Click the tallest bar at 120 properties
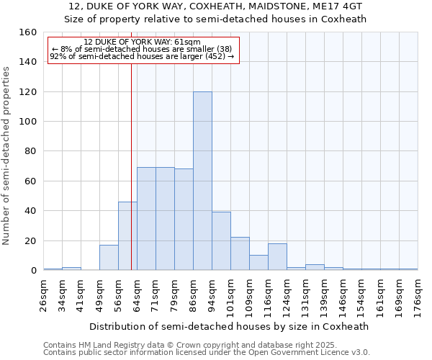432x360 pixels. tap(202, 181)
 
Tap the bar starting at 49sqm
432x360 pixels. tap(109, 258)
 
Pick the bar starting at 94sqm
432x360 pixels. tap(221, 241)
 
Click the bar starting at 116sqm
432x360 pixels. tap(277, 257)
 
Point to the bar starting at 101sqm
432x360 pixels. tap(240, 254)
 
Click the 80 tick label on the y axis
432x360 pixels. tap(31, 152)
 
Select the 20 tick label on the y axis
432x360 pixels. tap(31, 241)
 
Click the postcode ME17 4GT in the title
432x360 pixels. tap(338, 6)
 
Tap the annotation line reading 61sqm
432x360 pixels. tap(142, 42)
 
